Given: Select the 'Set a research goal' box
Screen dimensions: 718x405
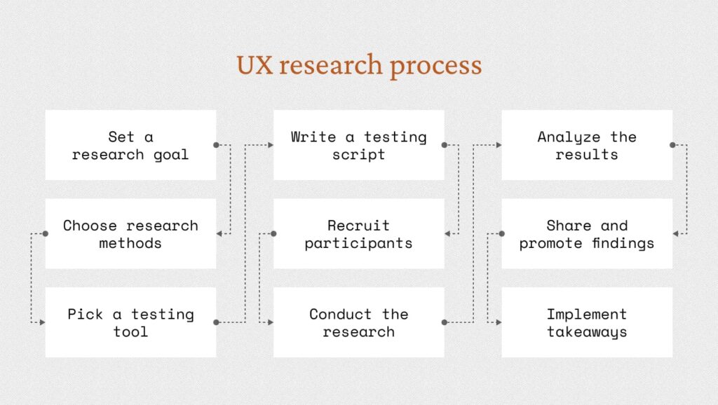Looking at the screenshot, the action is [130, 145].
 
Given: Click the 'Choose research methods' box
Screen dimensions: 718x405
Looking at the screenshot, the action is [130, 234].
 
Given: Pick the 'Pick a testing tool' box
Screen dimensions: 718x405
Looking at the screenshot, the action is [130, 322].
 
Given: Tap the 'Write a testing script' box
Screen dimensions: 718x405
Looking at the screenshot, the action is [359, 145].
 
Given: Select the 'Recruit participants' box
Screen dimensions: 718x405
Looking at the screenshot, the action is [359, 234].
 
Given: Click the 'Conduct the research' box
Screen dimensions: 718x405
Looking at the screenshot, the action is [359, 322].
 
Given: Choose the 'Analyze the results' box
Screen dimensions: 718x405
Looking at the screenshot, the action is [587, 145].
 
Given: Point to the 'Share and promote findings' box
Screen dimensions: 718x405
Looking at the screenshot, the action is [587, 234].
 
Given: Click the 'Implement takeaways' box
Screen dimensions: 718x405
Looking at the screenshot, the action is [587, 322].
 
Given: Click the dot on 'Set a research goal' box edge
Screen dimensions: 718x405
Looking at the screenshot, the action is [216, 145].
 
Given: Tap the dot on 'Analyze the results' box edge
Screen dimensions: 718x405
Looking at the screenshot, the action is [672, 145].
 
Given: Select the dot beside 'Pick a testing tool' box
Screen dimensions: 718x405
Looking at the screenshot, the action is [216, 322].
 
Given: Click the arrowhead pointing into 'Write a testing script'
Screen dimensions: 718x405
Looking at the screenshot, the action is [271, 145].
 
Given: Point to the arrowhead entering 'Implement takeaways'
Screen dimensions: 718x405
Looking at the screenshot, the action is [499, 322].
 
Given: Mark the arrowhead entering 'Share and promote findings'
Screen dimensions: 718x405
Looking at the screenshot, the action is [675, 234].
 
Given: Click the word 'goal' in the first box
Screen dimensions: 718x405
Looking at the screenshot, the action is [171, 155].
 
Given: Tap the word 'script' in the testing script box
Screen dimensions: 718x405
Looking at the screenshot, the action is [359, 155].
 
